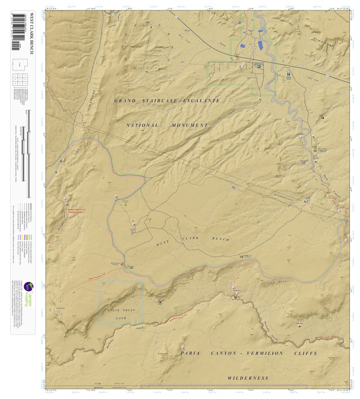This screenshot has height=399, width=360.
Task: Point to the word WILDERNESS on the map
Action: pyautogui.click(x=248, y=378)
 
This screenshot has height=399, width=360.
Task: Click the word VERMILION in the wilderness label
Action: pyautogui.click(x=265, y=353)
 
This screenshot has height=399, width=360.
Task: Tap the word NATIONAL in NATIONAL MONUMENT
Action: pyautogui.click(x=142, y=125)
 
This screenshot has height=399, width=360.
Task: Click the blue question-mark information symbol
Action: pyautogui.click(x=289, y=73)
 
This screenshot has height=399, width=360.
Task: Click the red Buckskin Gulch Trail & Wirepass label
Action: pyautogui.click(x=76, y=211)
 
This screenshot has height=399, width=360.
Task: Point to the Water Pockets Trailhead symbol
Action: pyautogui.click(x=123, y=264)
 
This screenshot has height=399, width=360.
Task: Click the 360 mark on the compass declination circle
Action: pyautogui.click(x=147, y=22)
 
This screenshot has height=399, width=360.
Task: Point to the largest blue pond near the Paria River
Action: pyautogui.click(x=260, y=44)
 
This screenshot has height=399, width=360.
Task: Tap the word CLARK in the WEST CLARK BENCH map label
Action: pyautogui.click(x=190, y=238)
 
